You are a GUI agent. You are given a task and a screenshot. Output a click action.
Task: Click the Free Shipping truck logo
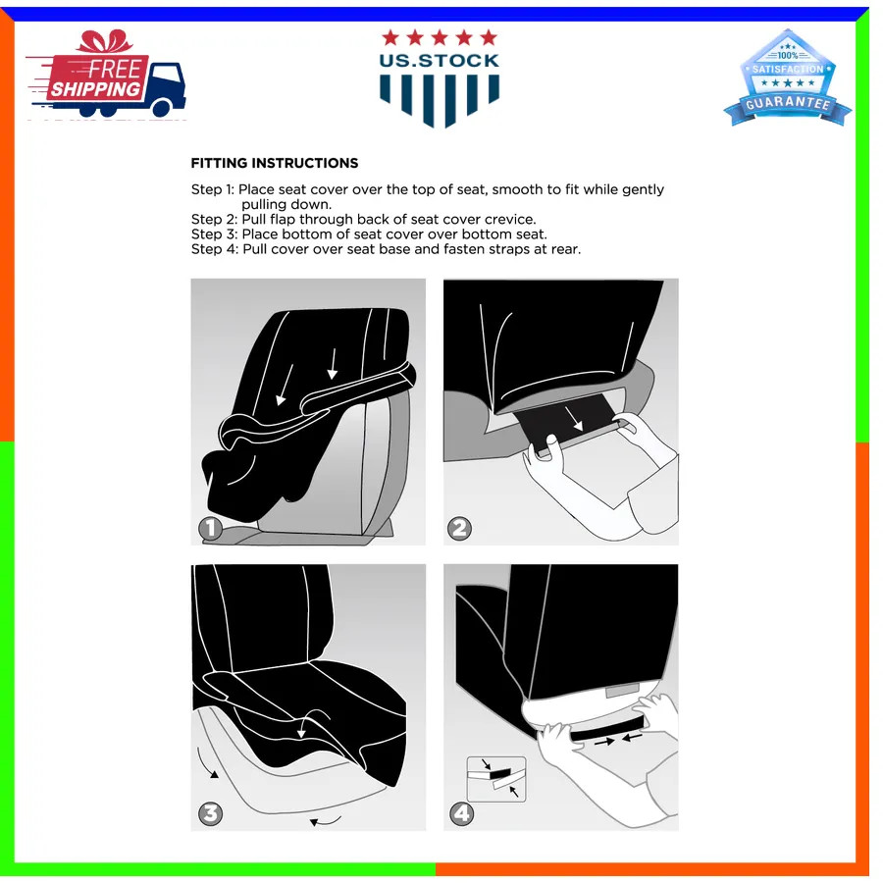tap(107, 74)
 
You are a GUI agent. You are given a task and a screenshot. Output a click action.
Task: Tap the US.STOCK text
tap(440, 61)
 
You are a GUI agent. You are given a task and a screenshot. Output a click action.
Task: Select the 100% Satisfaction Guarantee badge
tap(787, 78)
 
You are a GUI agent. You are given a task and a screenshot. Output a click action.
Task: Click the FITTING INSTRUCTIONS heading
tap(275, 163)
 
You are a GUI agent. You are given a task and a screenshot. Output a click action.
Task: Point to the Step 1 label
tap(212, 189)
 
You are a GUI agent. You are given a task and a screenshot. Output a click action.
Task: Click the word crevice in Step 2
tap(510, 219)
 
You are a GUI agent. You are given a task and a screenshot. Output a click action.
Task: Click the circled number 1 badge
tap(210, 528)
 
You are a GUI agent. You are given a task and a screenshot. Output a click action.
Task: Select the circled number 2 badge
tap(459, 528)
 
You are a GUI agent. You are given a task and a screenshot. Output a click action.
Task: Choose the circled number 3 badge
tap(210, 813)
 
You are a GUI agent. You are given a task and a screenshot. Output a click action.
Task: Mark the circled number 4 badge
tap(461, 813)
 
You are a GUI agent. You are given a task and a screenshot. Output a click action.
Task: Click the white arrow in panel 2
tap(574, 419)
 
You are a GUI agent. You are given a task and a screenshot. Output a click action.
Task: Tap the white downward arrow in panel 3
tap(302, 725)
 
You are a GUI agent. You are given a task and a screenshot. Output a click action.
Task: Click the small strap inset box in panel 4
tap(496, 779)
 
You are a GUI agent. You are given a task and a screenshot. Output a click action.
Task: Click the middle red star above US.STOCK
tap(440, 37)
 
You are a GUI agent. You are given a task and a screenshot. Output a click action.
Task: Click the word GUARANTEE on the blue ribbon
tap(788, 102)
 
